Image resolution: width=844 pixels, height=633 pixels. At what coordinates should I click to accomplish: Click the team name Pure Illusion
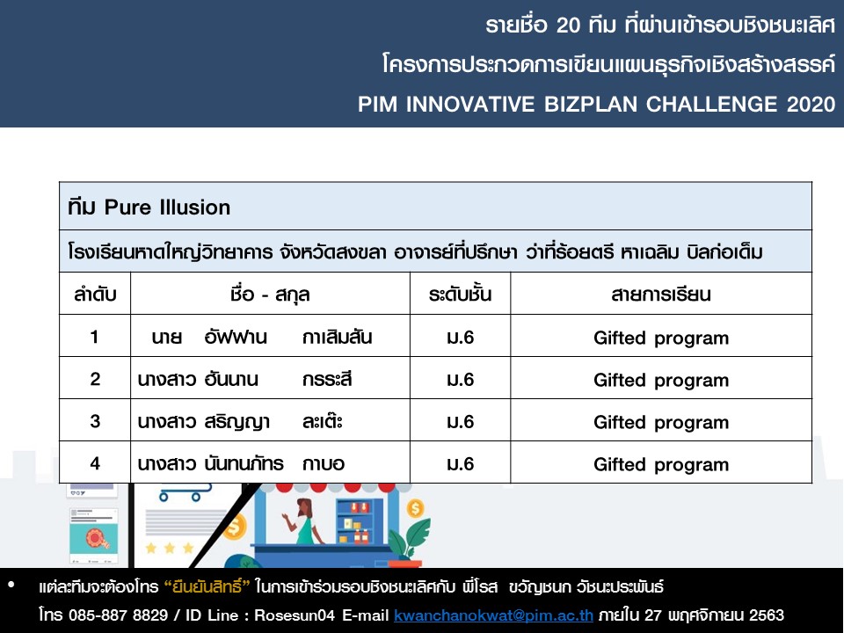(x=167, y=207)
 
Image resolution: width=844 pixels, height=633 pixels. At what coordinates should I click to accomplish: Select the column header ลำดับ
(x=95, y=295)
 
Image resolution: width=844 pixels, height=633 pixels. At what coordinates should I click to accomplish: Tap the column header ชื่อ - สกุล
(x=270, y=295)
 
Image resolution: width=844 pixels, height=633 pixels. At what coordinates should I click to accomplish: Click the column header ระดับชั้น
(x=460, y=294)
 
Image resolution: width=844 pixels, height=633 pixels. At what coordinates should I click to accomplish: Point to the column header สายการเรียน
(x=661, y=295)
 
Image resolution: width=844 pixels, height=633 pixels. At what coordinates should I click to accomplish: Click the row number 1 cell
(x=95, y=337)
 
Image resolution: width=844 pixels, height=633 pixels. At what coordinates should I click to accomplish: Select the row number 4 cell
(x=95, y=463)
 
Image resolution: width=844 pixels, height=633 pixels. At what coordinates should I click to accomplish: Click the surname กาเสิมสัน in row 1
(x=338, y=337)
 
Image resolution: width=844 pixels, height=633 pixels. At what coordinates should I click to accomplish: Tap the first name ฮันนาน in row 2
(x=231, y=380)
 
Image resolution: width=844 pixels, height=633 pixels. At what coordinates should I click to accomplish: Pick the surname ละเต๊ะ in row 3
(x=323, y=421)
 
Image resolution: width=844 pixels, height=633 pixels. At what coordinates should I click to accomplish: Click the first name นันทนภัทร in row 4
(x=244, y=463)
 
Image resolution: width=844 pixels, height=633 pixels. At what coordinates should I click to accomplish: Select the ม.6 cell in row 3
(x=460, y=421)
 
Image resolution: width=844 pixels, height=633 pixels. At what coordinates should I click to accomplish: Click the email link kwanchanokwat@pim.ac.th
(x=493, y=615)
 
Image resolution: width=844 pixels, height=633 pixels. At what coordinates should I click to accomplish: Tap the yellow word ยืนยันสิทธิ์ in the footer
(x=207, y=586)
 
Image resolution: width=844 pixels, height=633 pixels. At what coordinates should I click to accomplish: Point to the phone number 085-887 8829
(x=118, y=615)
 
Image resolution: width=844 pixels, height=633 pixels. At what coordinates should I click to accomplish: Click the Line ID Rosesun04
(x=295, y=615)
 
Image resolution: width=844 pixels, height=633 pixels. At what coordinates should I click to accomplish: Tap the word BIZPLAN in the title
(x=591, y=104)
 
